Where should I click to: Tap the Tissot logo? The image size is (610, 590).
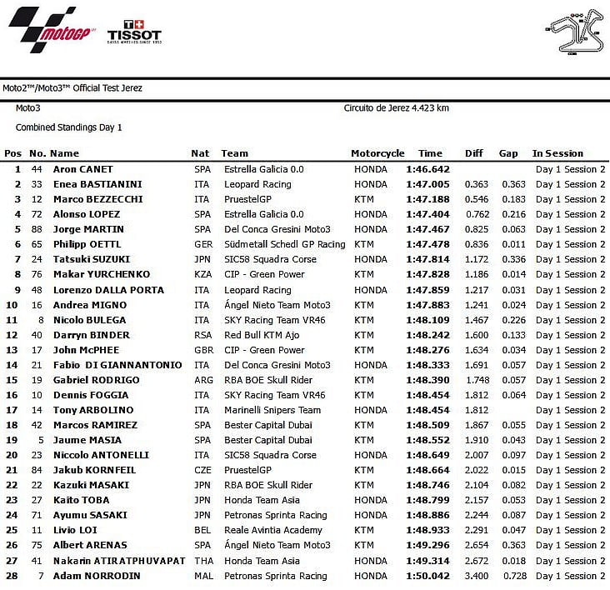tap(133, 32)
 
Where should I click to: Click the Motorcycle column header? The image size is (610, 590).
tap(377, 153)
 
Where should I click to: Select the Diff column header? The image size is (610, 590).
tap(474, 153)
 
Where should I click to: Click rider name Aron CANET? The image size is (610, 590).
tap(83, 169)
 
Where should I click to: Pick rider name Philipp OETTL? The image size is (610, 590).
tap(87, 244)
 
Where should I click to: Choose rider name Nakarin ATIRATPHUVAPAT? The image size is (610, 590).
tap(118, 561)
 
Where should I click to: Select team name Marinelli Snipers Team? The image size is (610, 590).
tap(272, 410)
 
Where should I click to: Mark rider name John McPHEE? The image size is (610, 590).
tap(86, 350)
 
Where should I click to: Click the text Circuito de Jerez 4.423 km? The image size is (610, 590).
tap(397, 107)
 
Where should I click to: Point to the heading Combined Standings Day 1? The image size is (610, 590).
tap(69, 127)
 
